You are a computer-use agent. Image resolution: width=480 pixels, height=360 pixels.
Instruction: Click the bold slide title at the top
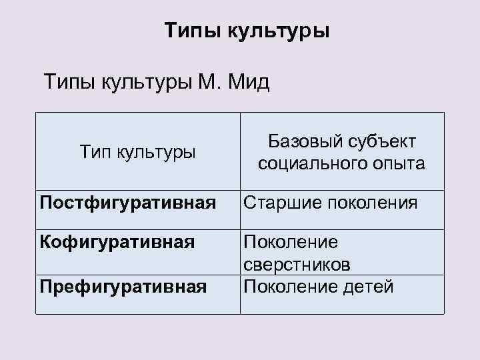(x=247, y=31)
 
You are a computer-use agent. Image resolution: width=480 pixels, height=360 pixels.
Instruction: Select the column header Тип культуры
(x=137, y=152)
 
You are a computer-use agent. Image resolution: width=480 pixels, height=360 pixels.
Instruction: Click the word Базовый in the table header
(x=303, y=141)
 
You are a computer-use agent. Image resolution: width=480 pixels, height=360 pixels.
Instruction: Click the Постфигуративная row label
(x=127, y=202)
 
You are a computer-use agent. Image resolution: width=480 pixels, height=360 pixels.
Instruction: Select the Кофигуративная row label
(x=117, y=241)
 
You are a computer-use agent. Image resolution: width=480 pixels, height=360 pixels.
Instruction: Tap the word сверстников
(x=297, y=265)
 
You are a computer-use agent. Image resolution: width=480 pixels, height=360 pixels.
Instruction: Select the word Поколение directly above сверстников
(x=291, y=242)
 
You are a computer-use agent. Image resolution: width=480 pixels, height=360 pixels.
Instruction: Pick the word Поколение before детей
(x=291, y=287)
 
